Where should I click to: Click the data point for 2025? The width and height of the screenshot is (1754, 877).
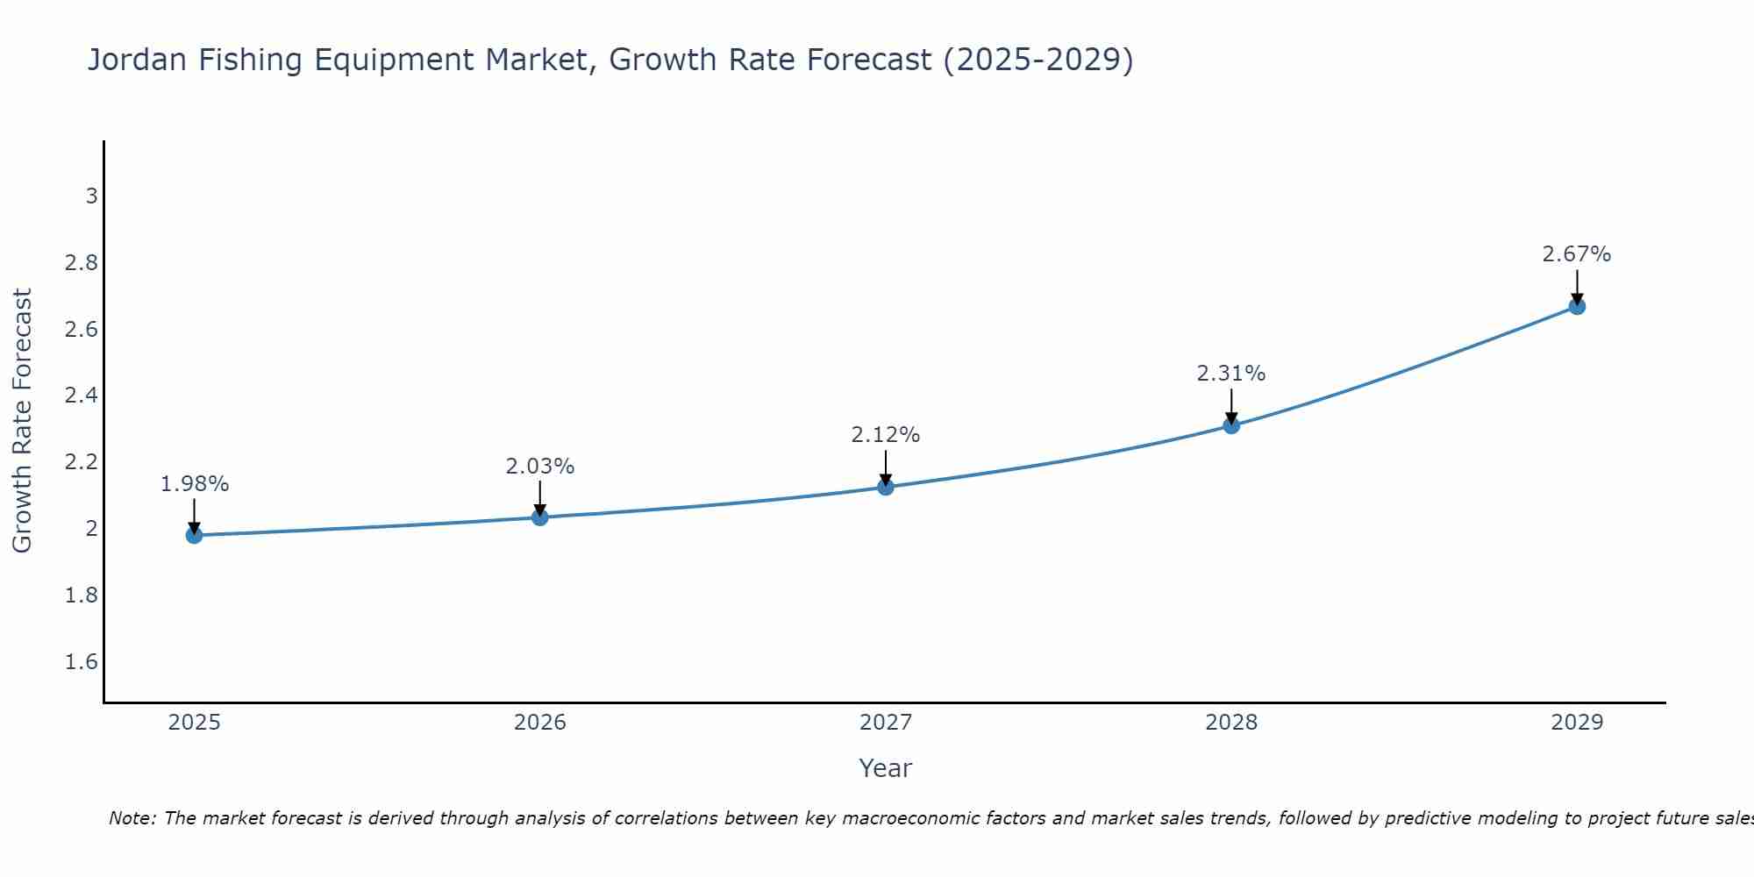(x=194, y=535)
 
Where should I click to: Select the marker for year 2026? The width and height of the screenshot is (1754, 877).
(x=539, y=517)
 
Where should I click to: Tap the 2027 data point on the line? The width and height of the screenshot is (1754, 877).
(x=885, y=487)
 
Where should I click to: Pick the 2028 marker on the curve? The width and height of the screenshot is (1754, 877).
(x=1230, y=425)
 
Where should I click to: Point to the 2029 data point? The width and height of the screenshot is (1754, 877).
(x=1576, y=306)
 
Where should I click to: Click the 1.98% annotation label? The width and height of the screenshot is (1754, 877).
(x=194, y=484)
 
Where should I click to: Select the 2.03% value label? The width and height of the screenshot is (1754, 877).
(x=539, y=467)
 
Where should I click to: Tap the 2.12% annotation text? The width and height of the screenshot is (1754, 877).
(x=885, y=435)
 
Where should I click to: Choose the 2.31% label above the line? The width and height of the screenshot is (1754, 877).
(x=1230, y=374)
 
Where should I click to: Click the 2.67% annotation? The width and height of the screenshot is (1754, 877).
(x=1576, y=254)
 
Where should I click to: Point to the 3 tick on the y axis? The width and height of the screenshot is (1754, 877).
(x=91, y=196)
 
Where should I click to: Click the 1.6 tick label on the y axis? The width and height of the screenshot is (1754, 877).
(x=82, y=661)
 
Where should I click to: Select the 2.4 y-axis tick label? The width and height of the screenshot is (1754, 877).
(x=82, y=395)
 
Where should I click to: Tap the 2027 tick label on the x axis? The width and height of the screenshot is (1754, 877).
(x=885, y=723)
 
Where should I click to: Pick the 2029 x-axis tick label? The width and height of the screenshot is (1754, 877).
(x=1576, y=723)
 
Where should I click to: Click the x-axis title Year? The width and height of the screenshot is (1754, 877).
(x=885, y=768)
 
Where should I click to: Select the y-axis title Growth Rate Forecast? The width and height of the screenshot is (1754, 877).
(x=22, y=421)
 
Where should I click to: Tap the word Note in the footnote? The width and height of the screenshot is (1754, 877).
(x=132, y=818)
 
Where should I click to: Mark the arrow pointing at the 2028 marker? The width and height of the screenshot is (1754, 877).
(x=1230, y=406)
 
